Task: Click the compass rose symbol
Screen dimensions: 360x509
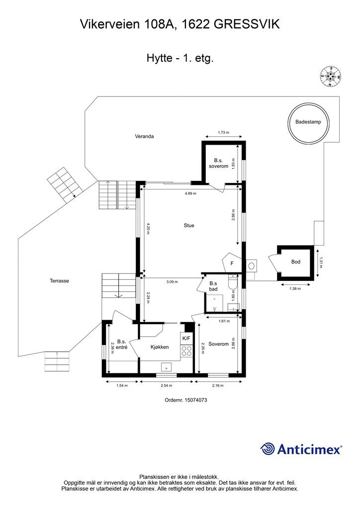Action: click(331, 77)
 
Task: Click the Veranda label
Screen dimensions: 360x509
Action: click(145, 136)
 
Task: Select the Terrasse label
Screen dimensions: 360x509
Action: click(59, 281)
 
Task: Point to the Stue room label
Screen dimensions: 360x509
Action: click(189, 225)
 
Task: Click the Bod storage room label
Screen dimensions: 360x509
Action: click(296, 261)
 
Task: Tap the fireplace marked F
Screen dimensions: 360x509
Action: click(232, 262)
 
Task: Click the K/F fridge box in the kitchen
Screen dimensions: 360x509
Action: click(186, 338)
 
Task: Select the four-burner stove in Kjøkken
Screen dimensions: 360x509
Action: click(186, 351)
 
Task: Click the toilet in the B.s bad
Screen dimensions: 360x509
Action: click(233, 282)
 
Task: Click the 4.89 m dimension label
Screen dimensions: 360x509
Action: click(190, 193)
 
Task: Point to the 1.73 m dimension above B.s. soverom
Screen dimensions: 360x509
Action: click(223, 132)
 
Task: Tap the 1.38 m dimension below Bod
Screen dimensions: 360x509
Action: click(295, 288)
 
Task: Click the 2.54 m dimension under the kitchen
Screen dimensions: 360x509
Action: click(166, 386)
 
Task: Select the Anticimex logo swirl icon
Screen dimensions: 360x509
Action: click(267, 449)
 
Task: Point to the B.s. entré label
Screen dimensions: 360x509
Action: click(122, 344)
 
